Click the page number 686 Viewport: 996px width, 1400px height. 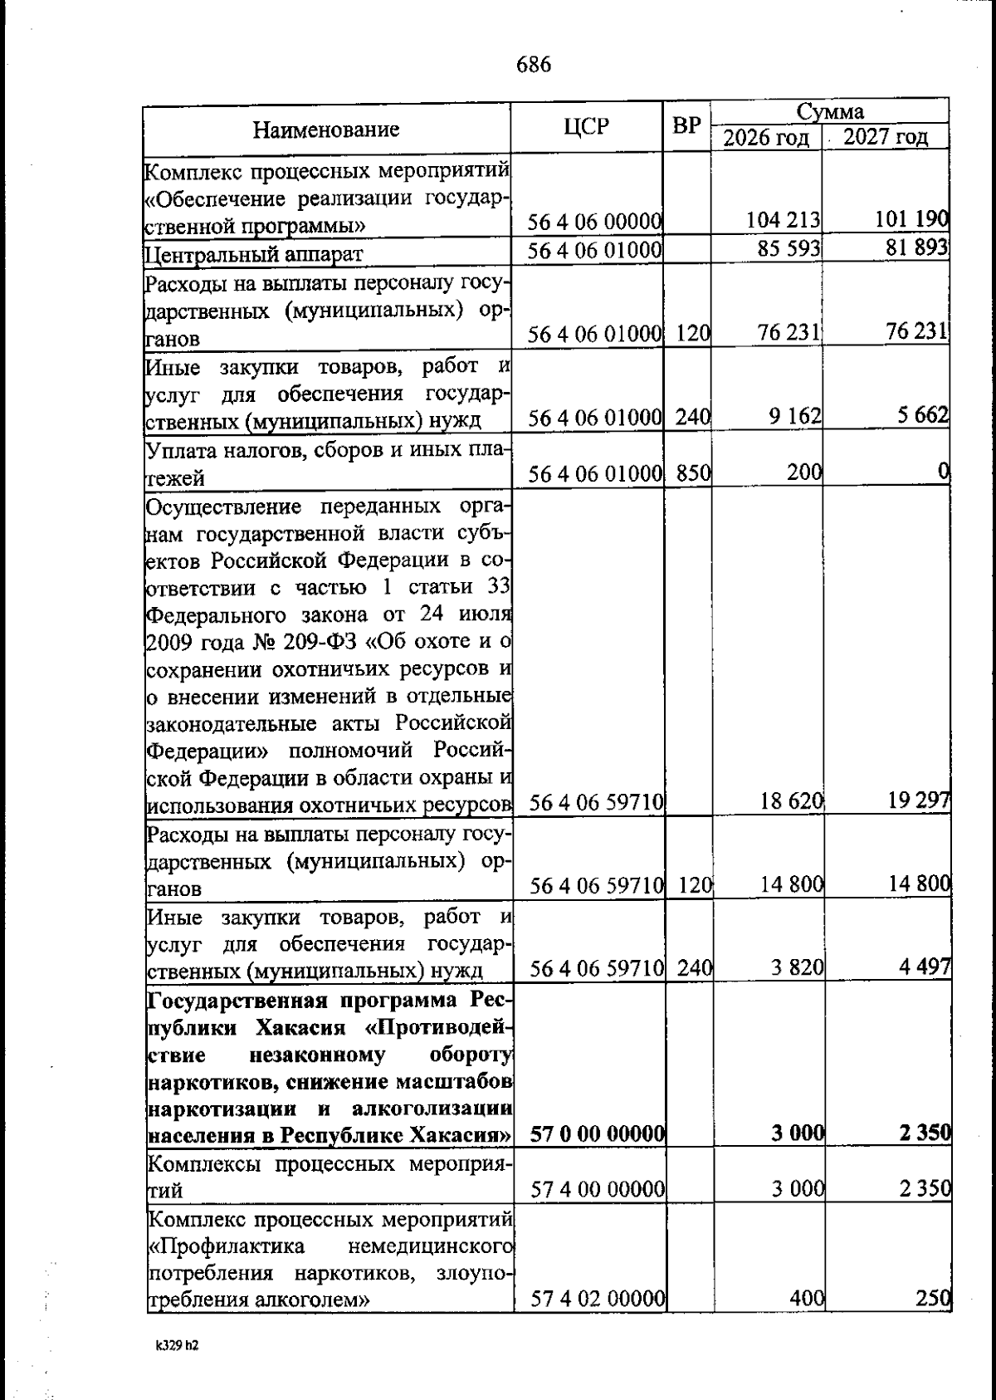[533, 65]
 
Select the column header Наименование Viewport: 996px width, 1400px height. [326, 130]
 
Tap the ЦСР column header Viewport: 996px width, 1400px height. [586, 126]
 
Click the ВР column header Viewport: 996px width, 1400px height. [686, 126]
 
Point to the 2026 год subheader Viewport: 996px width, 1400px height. [765, 138]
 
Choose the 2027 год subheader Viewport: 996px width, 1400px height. [886, 138]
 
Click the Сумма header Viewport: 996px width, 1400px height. [830, 112]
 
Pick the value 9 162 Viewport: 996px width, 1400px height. [795, 416]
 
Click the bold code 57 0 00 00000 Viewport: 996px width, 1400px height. [597, 1133]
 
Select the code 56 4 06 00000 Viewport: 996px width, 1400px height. [595, 222]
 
